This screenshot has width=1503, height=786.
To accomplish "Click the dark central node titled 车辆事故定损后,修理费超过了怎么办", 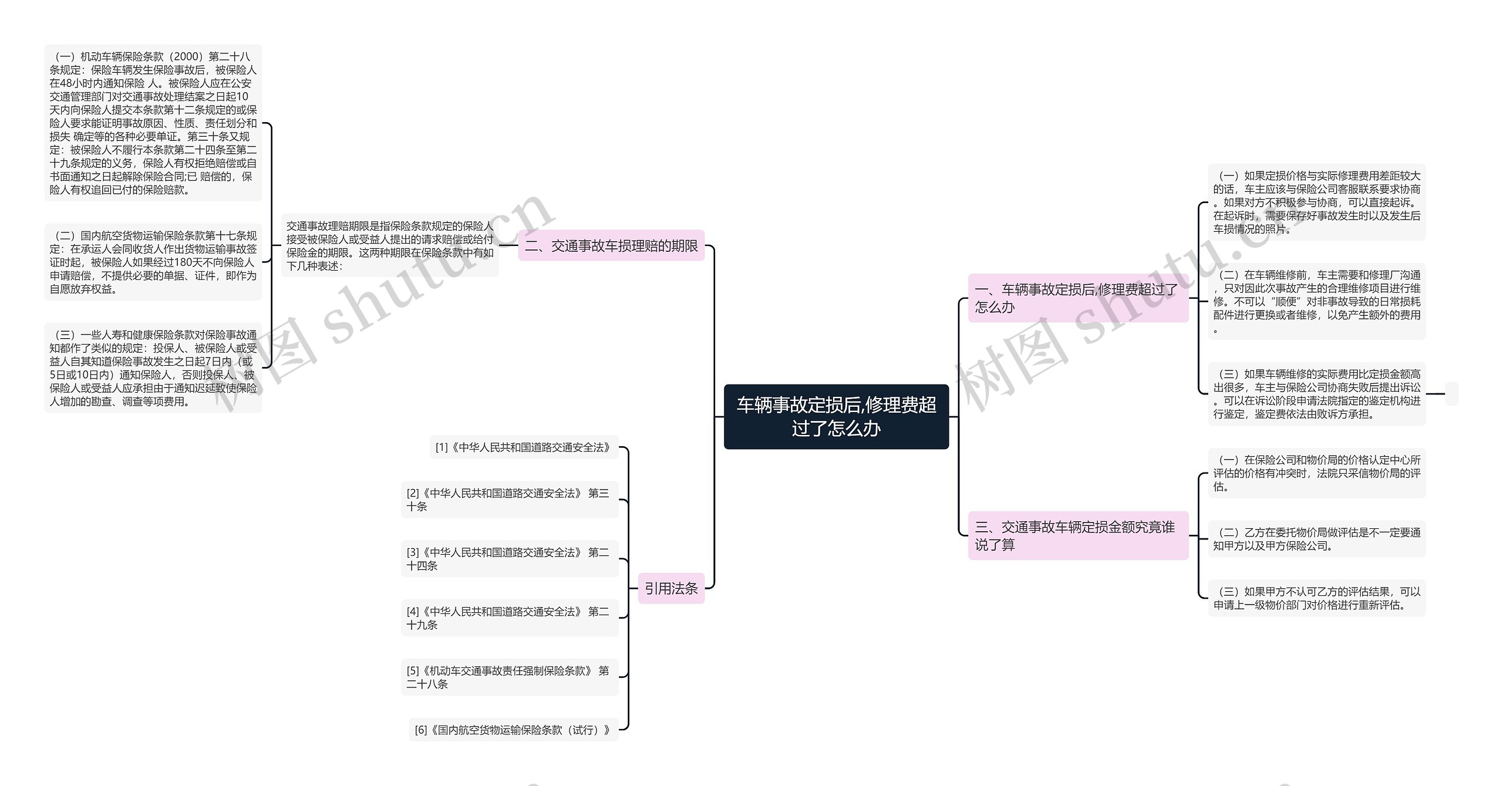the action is point(836,417).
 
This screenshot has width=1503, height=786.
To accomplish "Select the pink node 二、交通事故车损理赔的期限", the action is point(611,245).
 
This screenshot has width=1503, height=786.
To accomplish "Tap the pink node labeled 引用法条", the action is point(671,588).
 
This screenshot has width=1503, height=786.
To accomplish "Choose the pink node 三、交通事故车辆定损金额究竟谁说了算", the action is point(1078,535).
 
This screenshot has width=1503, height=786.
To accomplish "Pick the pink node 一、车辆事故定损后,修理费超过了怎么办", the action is point(1078,298).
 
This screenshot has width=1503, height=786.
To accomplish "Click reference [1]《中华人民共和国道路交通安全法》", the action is point(523,447).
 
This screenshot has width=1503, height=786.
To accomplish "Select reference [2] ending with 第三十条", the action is point(510,500).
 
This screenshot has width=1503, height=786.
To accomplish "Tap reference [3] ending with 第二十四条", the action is point(510,559).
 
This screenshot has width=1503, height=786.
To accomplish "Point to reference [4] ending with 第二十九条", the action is point(510,618).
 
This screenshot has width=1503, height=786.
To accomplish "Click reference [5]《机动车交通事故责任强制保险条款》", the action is point(510,677).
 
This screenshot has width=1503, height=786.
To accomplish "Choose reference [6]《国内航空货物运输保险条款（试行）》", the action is point(514,730).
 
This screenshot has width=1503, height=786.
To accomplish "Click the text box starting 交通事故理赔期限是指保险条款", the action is point(390,246).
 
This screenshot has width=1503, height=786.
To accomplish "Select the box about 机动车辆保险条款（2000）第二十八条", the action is point(153,123).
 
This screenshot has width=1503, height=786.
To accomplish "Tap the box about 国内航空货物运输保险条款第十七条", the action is point(153,262).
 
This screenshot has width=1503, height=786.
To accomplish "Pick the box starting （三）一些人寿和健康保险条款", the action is point(153,368).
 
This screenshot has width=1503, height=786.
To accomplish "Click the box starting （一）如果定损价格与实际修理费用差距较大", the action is point(1316,203).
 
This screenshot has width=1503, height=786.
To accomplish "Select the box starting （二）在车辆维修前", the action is point(1316,302).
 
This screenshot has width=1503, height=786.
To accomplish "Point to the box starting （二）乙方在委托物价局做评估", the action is point(1316,539).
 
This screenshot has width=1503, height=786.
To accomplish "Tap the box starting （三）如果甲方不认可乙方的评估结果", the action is point(1316,598).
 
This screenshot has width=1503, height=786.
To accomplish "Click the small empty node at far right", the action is point(1451,393).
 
